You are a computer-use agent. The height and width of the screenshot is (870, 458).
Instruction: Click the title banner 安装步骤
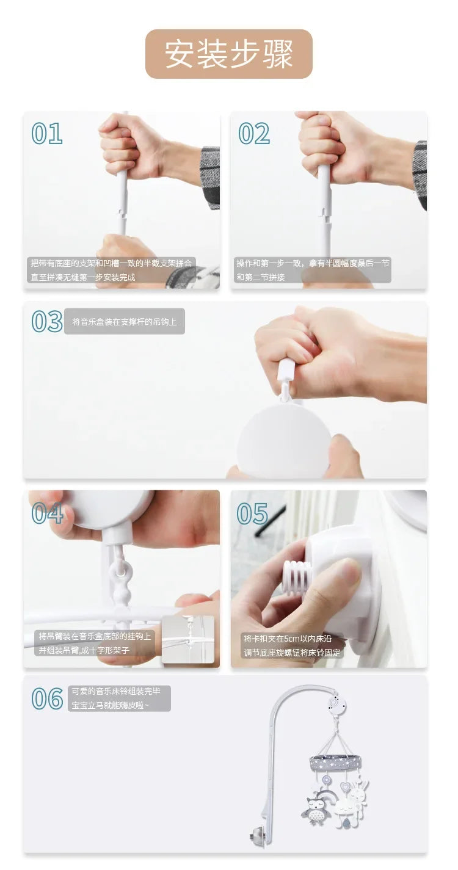[x=228, y=54]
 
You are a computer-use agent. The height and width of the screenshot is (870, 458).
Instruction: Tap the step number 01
[x=47, y=133]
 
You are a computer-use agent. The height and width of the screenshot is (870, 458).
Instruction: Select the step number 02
[x=254, y=133]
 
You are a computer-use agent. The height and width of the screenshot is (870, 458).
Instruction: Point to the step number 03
[x=47, y=321]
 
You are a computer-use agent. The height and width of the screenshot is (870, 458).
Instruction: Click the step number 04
[x=47, y=513]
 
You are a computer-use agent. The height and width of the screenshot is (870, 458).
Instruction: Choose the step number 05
[x=252, y=513]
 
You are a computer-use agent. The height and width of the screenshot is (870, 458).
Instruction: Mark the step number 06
[x=47, y=698]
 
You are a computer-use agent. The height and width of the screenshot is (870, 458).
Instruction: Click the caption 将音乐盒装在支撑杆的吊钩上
[x=125, y=322]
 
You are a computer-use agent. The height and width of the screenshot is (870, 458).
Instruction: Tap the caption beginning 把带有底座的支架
[x=111, y=270]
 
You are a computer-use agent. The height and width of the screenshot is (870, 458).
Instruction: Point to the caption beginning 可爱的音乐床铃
[x=117, y=698]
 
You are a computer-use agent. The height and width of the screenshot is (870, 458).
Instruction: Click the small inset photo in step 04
[x=187, y=639]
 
